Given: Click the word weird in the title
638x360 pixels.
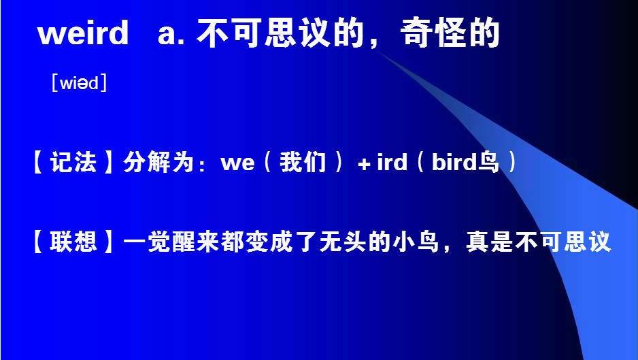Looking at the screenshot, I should click(x=83, y=33).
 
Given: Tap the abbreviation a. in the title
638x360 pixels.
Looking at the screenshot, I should click(x=171, y=33).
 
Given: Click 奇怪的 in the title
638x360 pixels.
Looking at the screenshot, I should click(x=451, y=33).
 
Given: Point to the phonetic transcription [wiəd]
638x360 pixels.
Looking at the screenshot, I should click(x=79, y=84).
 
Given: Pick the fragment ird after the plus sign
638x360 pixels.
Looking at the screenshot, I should click(x=391, y=163).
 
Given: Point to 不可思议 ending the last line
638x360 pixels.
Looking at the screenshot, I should click(x=564, y=242).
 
